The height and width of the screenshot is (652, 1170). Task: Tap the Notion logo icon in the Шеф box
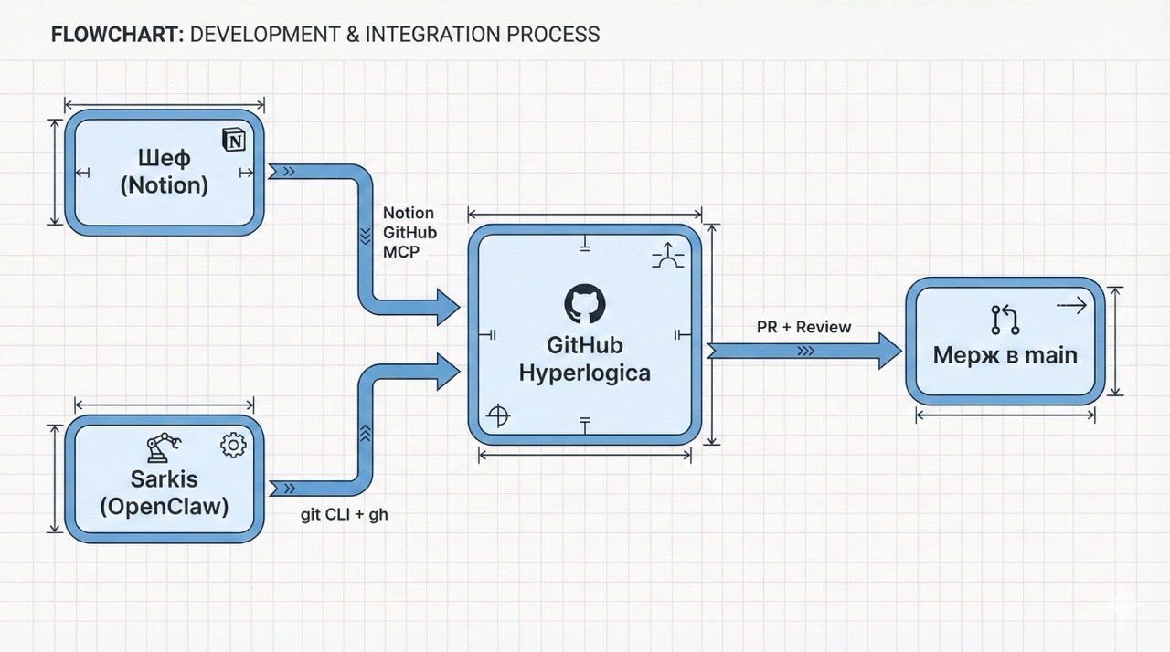[235, 140]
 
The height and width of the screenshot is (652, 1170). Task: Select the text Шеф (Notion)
[165, 172]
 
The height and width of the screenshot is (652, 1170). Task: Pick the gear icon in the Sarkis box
[234, 445]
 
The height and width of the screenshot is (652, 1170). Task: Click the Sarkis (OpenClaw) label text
[165, 491]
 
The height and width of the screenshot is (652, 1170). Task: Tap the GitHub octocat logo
[584, 303]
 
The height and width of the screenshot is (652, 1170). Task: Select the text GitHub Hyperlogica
[584, 359]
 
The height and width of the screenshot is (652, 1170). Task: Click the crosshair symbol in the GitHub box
[497, 416]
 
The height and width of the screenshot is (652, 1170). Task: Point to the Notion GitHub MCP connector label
[409, 232]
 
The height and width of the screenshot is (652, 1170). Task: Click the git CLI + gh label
[345, 515]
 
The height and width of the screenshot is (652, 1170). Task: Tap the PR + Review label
[803, 327]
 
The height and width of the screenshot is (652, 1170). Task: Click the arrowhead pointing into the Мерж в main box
[888, 352]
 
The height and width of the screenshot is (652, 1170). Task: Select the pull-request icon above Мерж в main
[1005, 320]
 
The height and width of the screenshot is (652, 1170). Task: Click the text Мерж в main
[1005, 355]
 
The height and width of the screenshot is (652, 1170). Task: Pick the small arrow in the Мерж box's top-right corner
[1071, 307]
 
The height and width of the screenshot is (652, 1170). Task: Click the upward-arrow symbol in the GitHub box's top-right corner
[667, 256]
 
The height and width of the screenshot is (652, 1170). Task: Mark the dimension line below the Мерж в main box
[1005, 415]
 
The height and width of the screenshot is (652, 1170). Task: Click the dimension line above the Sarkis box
[165, 405]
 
